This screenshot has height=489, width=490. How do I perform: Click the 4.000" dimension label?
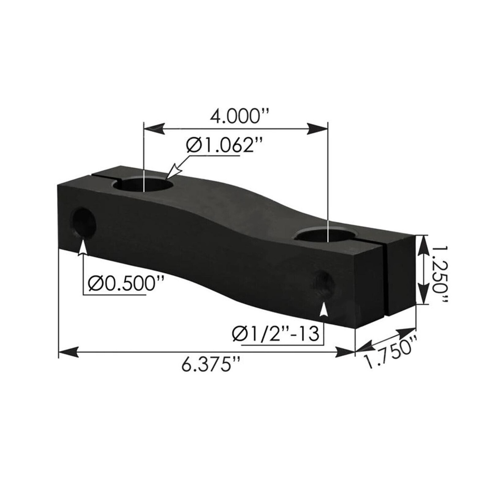[x=235, y=117]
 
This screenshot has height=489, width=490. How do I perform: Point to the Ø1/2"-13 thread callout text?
[x=276, y=333]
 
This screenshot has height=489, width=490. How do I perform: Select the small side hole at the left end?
[x=83, y=223]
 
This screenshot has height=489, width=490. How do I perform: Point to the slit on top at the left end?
[x=102, y=176]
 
